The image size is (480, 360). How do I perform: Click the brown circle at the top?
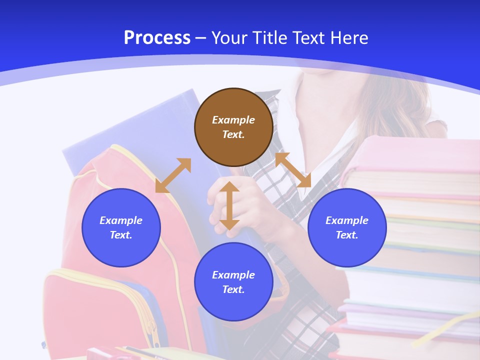pyautogui.click(x=233, y=127)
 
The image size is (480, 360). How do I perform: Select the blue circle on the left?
pyautogui.click(x=121, y=227)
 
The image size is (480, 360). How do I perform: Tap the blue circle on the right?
pyautogui.click(x=347, y=227)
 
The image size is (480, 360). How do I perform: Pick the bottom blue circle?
pyautogui.click(x=233, y=282)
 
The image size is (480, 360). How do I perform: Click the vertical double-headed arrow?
pyautogui.click(x=229, y=205)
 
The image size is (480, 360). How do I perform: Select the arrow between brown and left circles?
pyautogui.click(x=173, y=175)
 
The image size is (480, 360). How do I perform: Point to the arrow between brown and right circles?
pyautogui.click(x=293, y=170)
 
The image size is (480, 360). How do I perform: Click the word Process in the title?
pyautogui.click(x=157, y=37)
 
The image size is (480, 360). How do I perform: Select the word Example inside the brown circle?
pyautogui.click(x=233, y=120)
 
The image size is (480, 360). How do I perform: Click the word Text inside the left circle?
pyautogui.click(x=121, y=235)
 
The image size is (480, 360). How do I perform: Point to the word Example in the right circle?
pyautogui.click(x=347, y=220)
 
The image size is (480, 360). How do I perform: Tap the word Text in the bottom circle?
pyautogui.click(x=233, y=289)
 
